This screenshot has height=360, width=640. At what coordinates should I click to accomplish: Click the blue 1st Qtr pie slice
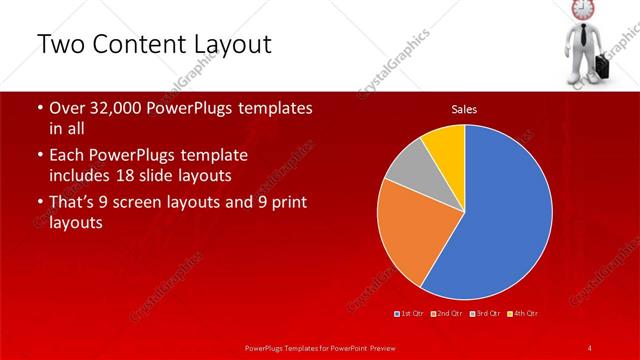500,215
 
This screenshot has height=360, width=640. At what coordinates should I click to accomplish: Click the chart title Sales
464,109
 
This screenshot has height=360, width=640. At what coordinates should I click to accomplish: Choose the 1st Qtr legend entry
409,313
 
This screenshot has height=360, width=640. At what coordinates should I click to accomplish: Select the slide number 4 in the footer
589,347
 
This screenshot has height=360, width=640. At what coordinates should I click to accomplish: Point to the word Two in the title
59,46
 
